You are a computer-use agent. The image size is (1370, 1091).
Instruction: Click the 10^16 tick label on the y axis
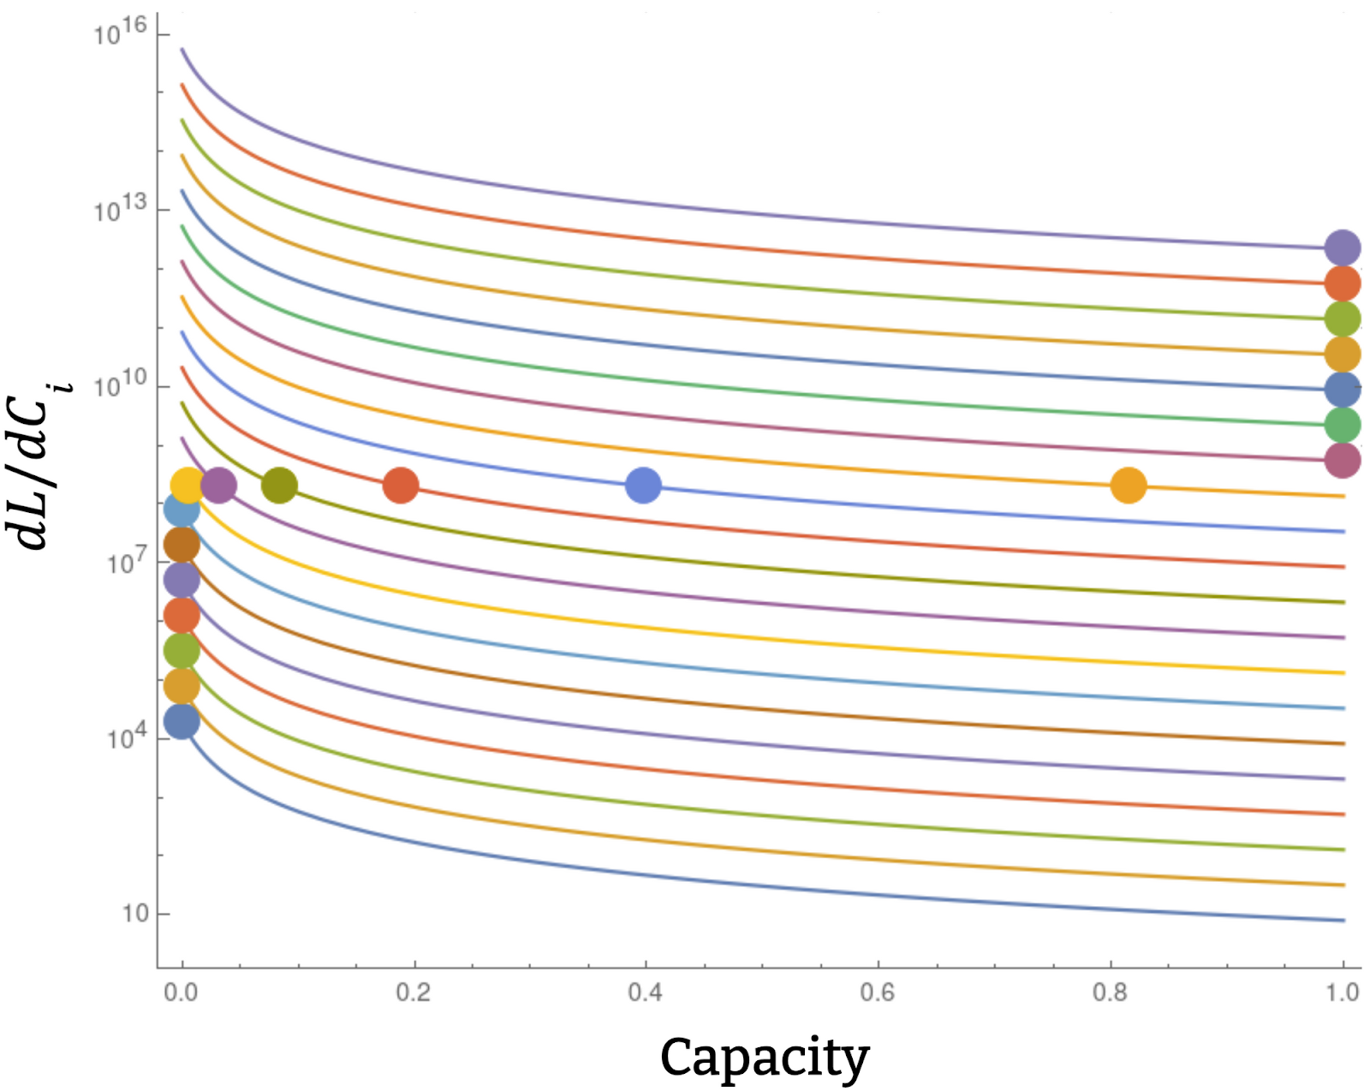121,34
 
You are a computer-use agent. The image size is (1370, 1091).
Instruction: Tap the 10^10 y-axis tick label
121,385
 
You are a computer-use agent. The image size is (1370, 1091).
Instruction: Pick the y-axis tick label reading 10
135,915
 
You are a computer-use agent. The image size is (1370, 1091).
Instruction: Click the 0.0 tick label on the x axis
181,993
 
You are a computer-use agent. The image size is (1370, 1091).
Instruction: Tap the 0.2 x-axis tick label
413,993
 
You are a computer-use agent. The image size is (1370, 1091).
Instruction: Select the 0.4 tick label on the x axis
645,993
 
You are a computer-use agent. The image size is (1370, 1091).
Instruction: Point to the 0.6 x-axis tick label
878,993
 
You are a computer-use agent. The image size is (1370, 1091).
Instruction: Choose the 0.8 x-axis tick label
1110,993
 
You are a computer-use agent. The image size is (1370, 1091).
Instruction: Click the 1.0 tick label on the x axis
1343,993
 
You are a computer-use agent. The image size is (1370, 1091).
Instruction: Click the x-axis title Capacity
764,1058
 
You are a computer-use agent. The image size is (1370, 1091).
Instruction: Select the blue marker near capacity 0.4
643,486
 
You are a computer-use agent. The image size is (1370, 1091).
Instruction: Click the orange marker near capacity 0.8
1128,486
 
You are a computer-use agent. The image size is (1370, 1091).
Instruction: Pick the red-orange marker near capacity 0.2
401,486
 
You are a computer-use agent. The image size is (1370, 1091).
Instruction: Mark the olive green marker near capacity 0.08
279,486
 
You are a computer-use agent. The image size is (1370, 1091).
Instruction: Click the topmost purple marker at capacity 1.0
1342,248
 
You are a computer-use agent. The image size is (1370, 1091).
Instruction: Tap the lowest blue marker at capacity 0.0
182,722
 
